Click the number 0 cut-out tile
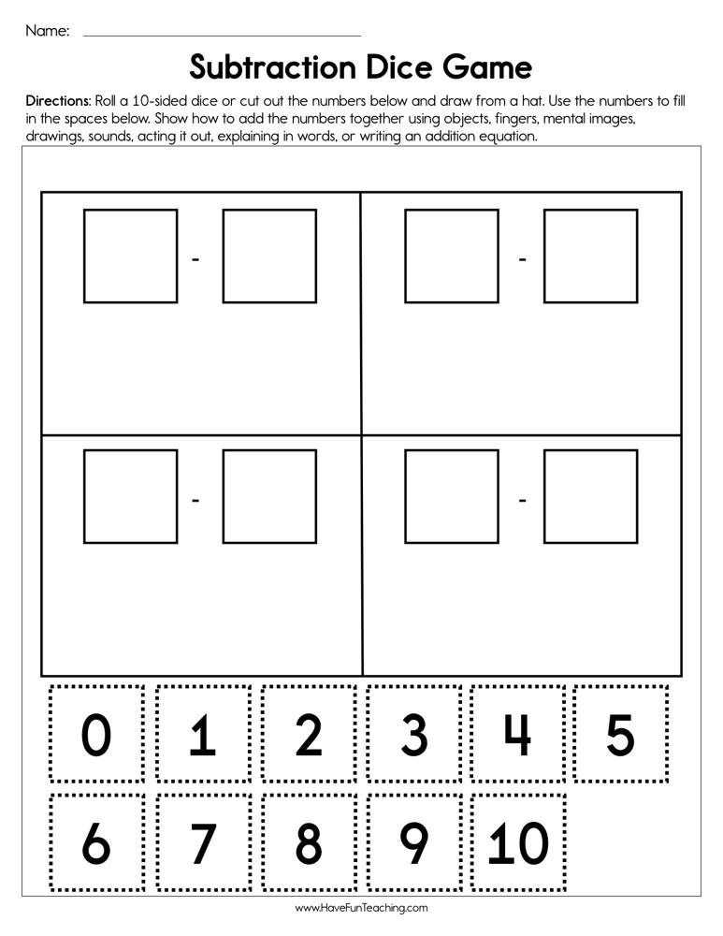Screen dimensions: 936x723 [96, 735]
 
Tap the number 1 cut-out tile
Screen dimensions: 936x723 [203, 735]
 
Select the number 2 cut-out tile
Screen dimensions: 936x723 [309, 735]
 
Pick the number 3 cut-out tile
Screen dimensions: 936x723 [413, 735]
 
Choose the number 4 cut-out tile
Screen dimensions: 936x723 [517, 735]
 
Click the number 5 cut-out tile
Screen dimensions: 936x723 [621, 735]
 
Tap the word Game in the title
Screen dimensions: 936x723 [488, 67]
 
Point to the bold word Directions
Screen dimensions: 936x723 [58, 100]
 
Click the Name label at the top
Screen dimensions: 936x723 [47, 31]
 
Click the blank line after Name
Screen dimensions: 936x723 [222, 35]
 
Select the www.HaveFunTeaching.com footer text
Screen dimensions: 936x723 [361, 908]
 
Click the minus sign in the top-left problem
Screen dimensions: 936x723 [196, 258]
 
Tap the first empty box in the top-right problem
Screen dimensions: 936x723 [451, 256]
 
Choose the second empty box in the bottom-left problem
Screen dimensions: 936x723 [269, 496]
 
